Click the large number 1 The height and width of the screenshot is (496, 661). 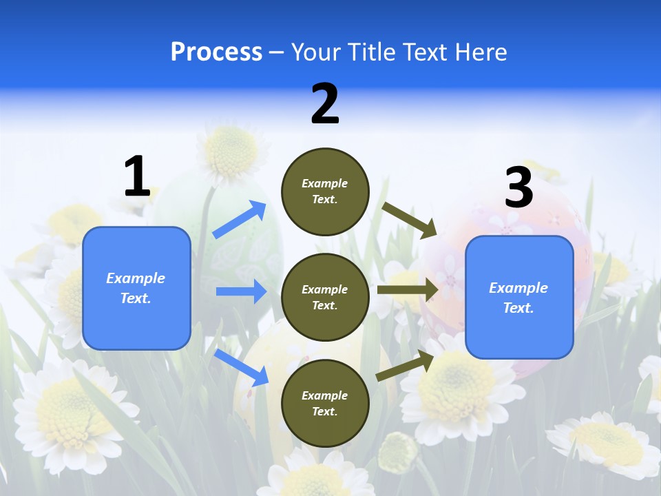[x=137, y=176]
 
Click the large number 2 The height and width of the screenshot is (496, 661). [x=325, y=104]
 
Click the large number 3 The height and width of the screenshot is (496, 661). [x=518, y=187]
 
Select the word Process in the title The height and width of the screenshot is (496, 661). [x=216, y=52]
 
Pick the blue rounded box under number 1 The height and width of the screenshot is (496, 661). [x=136, y=288]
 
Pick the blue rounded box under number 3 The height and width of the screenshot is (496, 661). [x=519, y=297]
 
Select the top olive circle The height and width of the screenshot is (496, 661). [x=325, y=192]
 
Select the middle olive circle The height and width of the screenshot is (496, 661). [x=325, y=297]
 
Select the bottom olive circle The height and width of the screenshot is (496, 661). [x=325, y=403]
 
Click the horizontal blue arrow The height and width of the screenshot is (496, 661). [x=241, y=291]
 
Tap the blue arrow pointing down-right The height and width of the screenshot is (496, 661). [x=242, y=367]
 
